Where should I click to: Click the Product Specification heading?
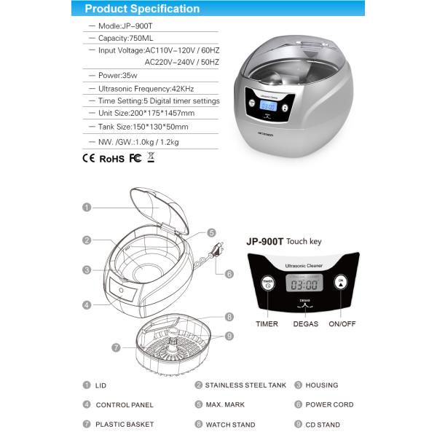(x=142, y=9)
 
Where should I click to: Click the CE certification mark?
(x=89, y=157)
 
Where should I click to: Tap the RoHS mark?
(x=111, y=157)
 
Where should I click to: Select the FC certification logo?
(x=135, y=157)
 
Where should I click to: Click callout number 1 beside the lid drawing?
(x=87, y=207)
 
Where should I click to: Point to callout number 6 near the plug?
(x=229, y=275)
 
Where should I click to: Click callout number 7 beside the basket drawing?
(x=116, y=347)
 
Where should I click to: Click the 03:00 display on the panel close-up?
(x=303, y=285)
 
